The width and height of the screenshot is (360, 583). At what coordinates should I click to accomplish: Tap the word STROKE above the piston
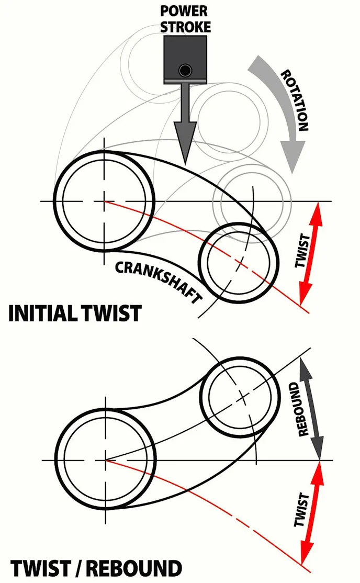tap(184, 27)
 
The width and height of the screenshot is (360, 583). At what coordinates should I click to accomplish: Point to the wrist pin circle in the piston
tap(184, 70)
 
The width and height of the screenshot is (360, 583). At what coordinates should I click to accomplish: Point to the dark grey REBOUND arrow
tap(310, 408)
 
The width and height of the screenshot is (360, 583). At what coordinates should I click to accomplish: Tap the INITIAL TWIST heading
tap(75, 313)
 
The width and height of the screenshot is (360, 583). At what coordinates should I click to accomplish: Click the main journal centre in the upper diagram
tap(104, 201)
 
